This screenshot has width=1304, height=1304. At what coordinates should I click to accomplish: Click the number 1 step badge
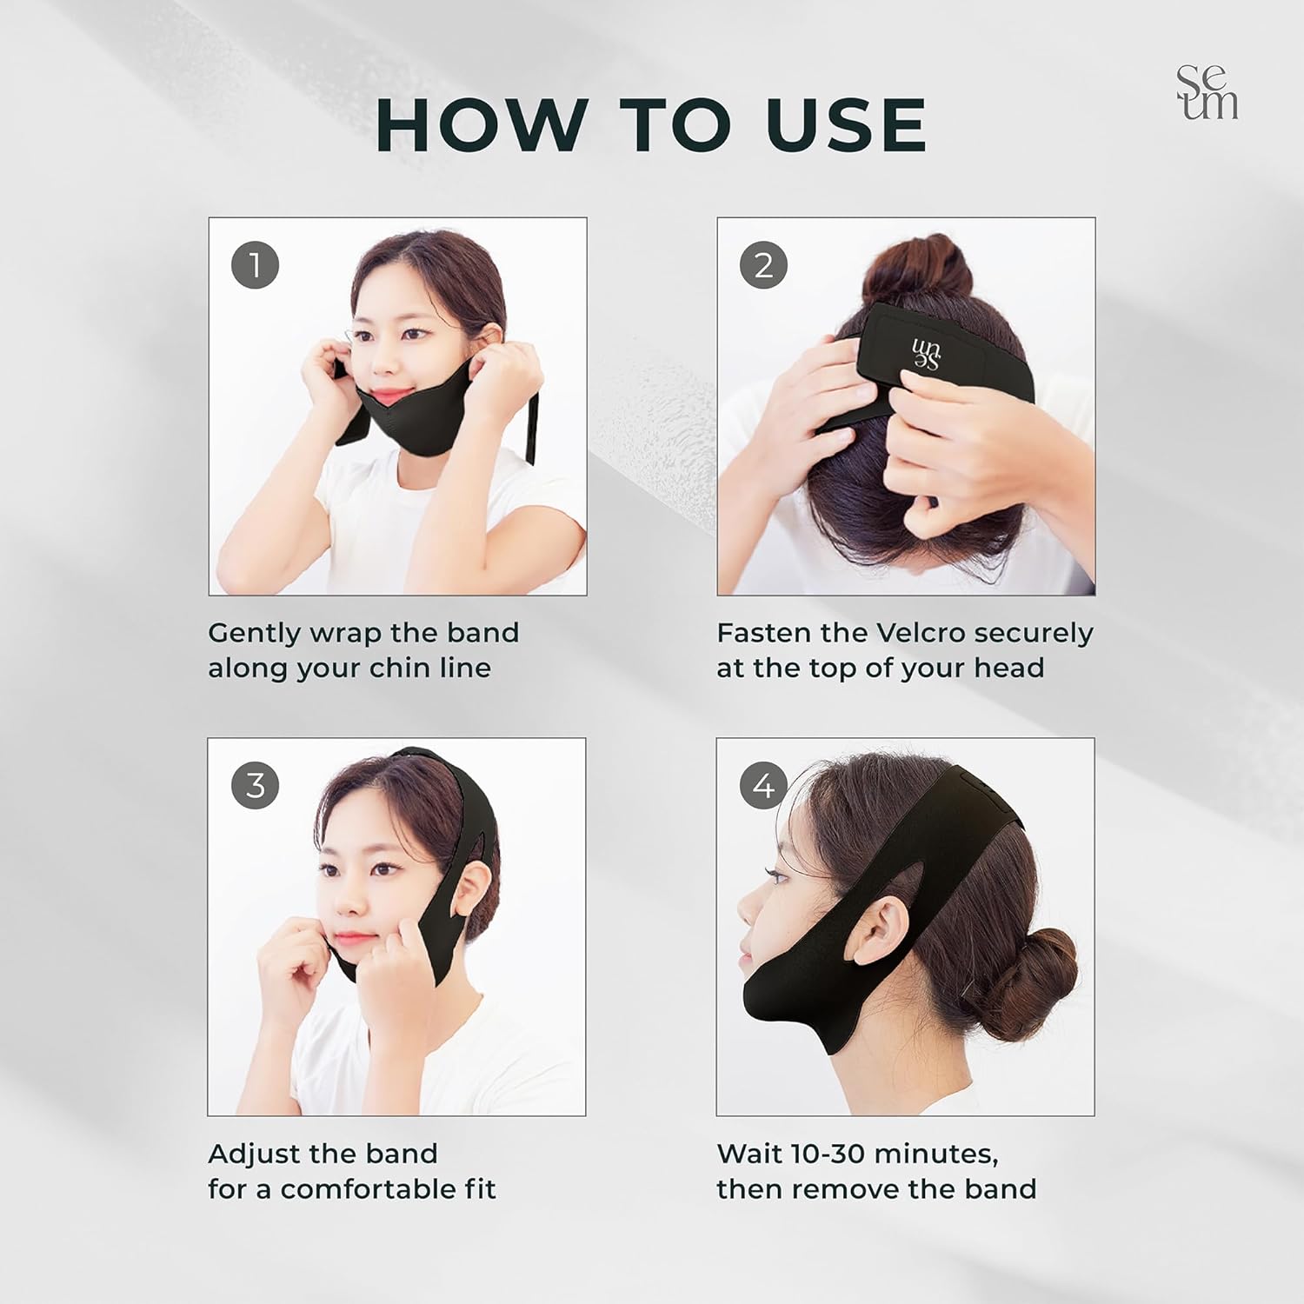tap(255, 265)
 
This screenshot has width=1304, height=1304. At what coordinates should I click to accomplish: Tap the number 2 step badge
tap(763, 265)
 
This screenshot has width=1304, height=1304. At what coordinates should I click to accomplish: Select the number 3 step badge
tap(255, 786)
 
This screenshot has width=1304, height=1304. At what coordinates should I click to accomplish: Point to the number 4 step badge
tap(763, 786)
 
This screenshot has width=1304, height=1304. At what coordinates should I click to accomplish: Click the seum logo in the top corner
tap(1207, 92)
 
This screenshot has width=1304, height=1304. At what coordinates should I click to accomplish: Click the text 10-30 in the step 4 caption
tap(835, 1154)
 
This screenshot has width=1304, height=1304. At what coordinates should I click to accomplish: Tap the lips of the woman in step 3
tap(348, 939)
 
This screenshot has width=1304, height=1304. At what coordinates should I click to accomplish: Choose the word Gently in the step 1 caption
tap(252, 634)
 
